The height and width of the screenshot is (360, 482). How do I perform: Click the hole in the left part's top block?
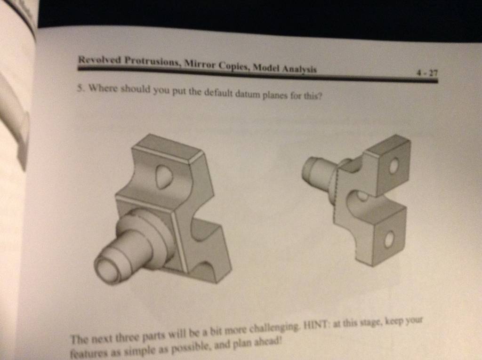coord(164,177)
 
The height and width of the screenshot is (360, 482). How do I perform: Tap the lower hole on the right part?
coord(389,240)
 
